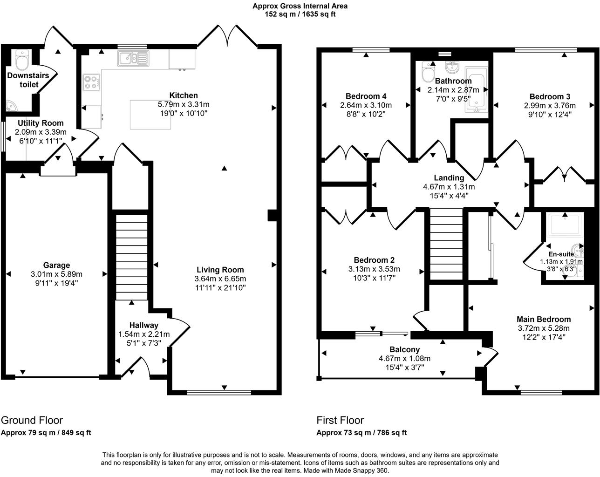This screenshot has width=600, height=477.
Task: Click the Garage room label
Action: pyautogui.click(x=57, y=266)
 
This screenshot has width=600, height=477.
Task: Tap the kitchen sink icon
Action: pyautogui.click(x=133, y=59)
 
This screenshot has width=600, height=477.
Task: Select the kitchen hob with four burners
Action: pyautogui.click(x=92, y=82)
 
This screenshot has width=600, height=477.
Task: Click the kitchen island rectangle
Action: pyautogui.click(x=150, y=115)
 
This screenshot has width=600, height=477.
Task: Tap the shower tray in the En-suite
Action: pyautogui.click(x=565, y=225)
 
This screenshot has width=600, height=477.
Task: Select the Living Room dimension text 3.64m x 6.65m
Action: pyautogui.click(x=220, y=279)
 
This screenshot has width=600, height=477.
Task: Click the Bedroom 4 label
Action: pyautogui.click(x=366, y=96)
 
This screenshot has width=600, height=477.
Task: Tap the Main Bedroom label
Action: pyautogui.click(x=543, y=319)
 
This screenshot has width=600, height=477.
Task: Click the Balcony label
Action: pyautogui.click(x=404, y=349)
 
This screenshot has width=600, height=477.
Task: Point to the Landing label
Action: pyautogui.click(x=449, y=177)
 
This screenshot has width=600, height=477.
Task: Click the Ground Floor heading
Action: pyautogui.click(x=32, y=420)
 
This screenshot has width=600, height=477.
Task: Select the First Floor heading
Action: pyautogui.click(x=340, y=420)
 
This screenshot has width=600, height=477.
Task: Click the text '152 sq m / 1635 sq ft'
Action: pyautogui.click(x=300, y=14)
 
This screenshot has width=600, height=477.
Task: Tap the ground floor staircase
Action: pyautogui.click(x=131, y=256)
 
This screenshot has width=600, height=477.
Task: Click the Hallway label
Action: pyautogui.click(x=144, y=325)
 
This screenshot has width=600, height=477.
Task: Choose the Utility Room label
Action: pyautogui.click(x=41, y=123)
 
